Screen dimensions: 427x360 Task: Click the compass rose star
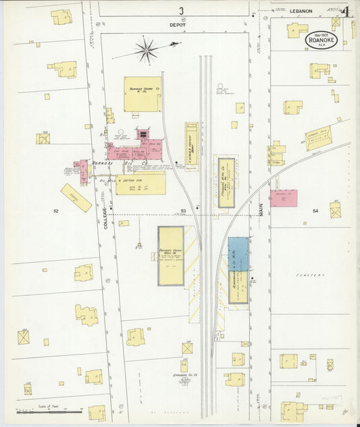(147, 49)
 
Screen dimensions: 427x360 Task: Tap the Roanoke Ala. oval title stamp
(321, 39)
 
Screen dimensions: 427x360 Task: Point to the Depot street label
(181, 25)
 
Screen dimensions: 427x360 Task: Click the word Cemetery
(310, 275)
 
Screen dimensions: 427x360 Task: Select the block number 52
(56, 211)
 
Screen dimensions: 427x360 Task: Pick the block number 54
(315, 211)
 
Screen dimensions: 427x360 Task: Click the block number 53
(183, 211)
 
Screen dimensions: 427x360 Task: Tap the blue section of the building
(238, 254)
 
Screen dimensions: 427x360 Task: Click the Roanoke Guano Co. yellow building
(143, 93)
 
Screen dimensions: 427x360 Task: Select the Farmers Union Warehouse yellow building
(171, 255)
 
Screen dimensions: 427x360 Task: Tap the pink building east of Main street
(284, 198)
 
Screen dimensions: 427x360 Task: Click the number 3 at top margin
(181, 10)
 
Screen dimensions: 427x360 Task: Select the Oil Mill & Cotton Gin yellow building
(140, 184)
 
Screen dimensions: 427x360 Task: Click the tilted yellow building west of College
(76, 198)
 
